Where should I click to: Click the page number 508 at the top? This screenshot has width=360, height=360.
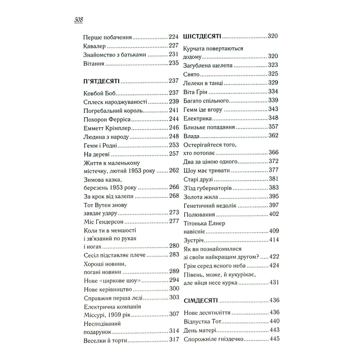click(78, 20)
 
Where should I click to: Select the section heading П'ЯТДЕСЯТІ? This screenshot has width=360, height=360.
click(101, 81)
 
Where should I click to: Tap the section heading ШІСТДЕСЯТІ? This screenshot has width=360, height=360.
click(202, 36)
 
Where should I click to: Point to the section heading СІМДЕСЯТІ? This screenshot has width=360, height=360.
click(201, 300)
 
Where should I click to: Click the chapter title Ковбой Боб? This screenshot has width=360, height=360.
click(100, 93)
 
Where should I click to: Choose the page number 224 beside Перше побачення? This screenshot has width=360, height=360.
click(174, 37)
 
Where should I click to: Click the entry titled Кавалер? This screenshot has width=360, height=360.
click(94, 46)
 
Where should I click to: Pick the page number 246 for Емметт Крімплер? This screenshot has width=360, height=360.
click(174, 128)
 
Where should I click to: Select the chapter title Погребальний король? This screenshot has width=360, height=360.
click(113, 110)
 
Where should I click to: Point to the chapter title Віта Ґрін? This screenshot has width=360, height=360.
click(195, 92)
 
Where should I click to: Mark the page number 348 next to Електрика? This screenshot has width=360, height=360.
click(273, 118)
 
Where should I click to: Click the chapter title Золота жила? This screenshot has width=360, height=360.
click(200, 197)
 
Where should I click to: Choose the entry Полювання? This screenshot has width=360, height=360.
click(199, 214)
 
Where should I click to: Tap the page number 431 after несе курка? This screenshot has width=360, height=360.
click(274, 282)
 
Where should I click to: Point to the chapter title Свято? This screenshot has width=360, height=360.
click(191, 74)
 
